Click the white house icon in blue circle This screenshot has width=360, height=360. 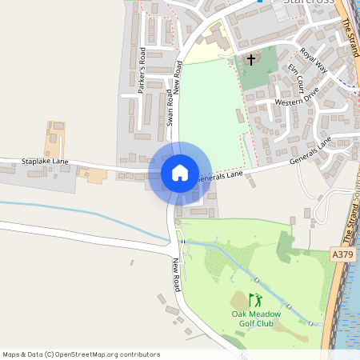pos(179,173)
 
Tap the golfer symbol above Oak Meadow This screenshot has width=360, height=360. pos(255,301)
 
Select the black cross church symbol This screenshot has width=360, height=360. pos(251,60)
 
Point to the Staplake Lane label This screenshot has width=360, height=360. pos(46,162)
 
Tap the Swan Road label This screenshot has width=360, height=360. pos(170,108)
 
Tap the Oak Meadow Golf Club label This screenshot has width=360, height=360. pos(258,318)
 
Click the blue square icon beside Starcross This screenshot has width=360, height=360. pos(260,2)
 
